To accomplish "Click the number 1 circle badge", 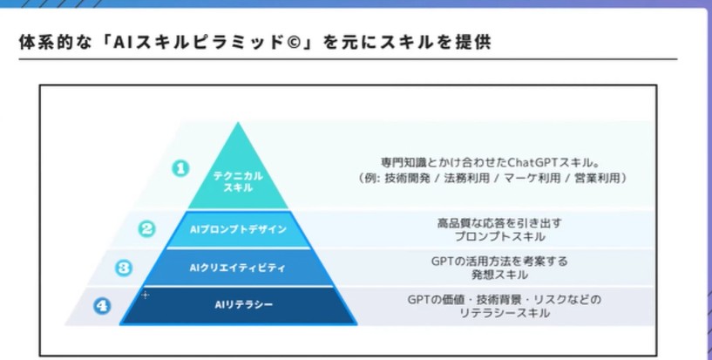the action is (x=180, y=169).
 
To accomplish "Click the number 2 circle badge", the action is (x=146, y=228).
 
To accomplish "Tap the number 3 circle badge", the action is (x=124, y=268).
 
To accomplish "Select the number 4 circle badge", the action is (x=102, y=306).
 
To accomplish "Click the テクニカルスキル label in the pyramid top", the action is (x=238, y=181).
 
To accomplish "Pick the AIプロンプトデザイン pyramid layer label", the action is (x=238, y=230).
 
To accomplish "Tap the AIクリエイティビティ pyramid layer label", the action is (x=238, y=268).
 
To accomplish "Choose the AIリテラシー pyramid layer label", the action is (x=244, y=304).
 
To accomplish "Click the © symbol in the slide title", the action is (x=294, y=42).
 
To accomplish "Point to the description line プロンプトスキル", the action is (x=499, y=236).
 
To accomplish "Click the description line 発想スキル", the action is (x=499, y=275).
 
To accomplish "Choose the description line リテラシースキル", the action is (x=504, y=313).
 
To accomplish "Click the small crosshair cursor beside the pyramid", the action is (x=146, y=295).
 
